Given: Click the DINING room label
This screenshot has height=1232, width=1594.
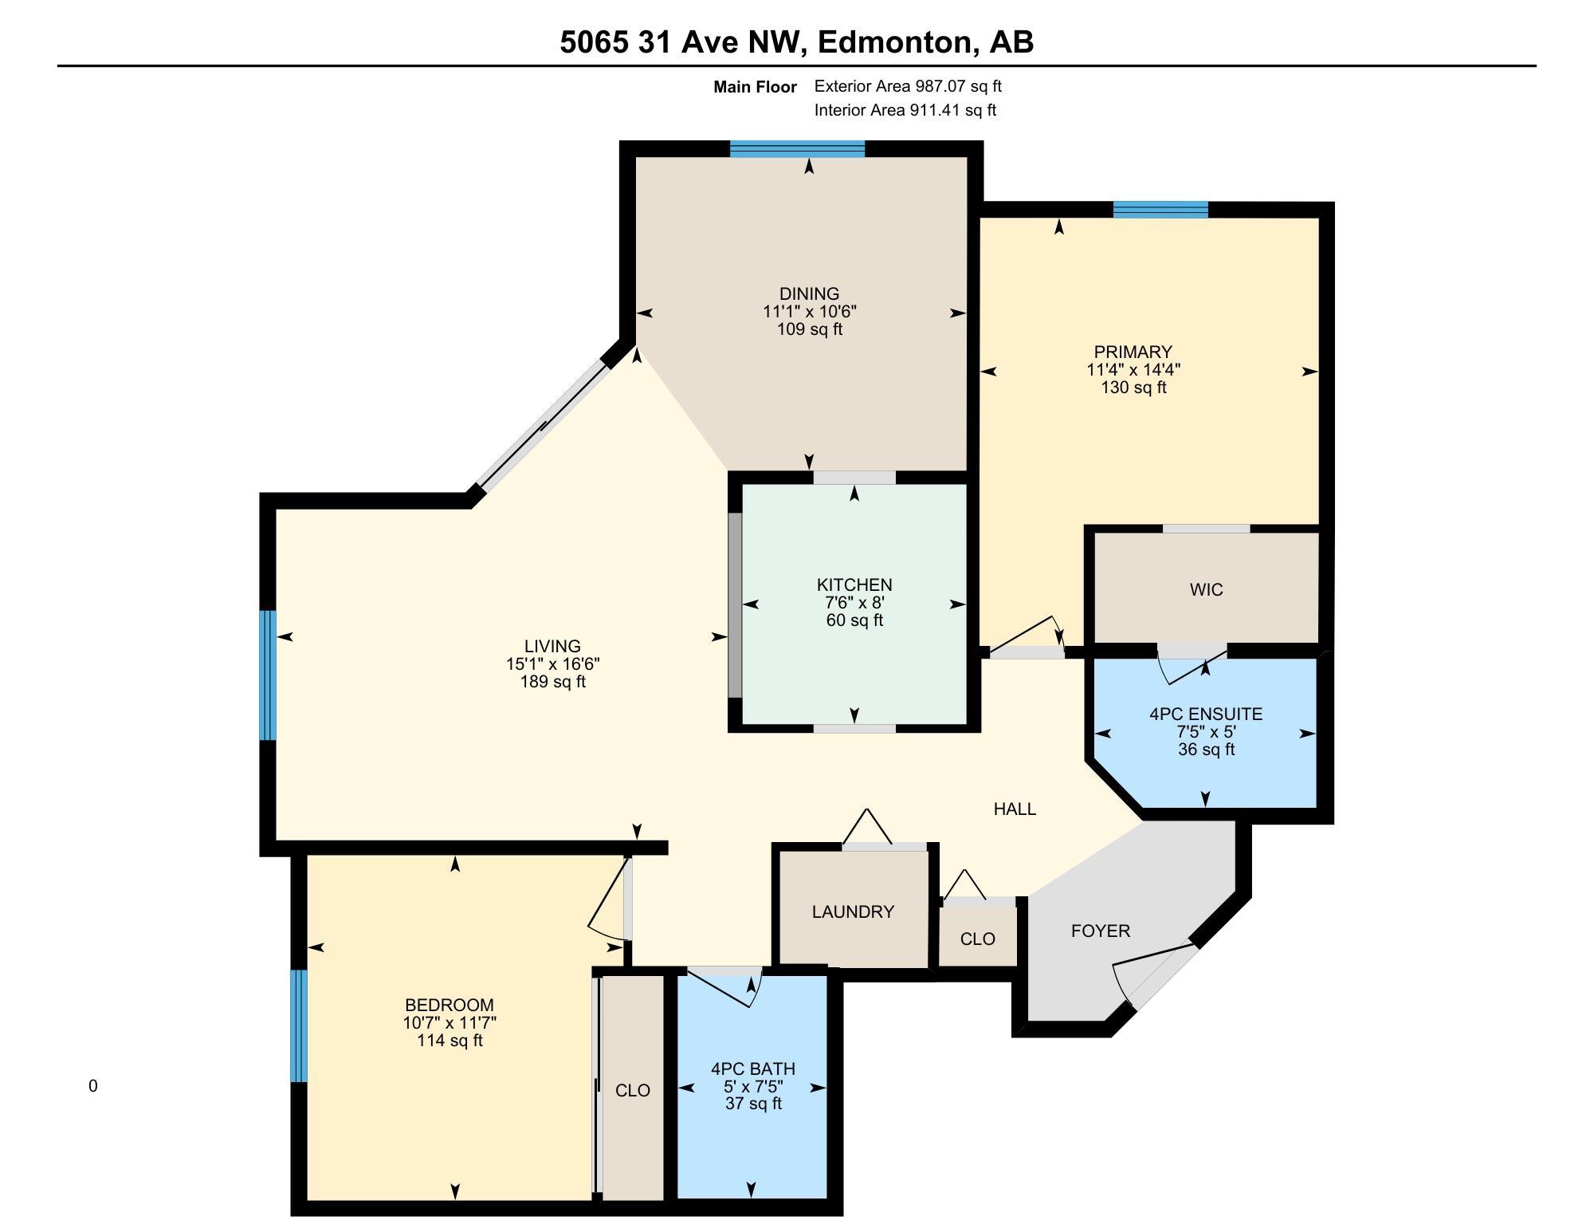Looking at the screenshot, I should pos(809,293).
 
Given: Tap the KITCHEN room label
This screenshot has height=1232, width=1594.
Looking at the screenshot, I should pos(854,585).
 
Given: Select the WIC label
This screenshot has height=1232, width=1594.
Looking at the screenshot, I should pos(1206,589).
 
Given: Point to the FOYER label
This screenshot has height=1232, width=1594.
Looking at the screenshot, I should pos(1100,931).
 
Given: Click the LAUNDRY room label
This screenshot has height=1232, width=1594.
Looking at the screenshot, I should pos(853,911).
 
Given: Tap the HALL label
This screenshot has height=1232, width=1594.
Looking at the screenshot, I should pos(1015,809).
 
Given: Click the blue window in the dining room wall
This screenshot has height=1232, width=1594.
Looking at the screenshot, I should pos(797,149).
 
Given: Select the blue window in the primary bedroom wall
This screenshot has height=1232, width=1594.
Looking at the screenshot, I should pos(1160,210).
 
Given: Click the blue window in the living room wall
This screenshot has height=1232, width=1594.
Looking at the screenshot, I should pos(268,675).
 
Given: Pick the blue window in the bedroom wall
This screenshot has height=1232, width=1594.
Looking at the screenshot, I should pos(298,1025).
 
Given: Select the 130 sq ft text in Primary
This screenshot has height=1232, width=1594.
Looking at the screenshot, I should pos(1133,388).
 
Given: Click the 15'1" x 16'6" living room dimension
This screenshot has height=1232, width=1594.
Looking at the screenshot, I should pos(552,663).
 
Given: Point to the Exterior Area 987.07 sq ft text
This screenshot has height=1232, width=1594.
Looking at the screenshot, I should pos(908,86).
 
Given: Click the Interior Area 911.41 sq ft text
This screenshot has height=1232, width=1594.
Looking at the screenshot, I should pos(905,110).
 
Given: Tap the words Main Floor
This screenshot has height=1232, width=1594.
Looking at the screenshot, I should pos(755,87).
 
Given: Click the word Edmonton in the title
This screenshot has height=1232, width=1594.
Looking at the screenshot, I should pos(895,41).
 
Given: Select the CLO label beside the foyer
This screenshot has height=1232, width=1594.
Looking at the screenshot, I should pos(977,939).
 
